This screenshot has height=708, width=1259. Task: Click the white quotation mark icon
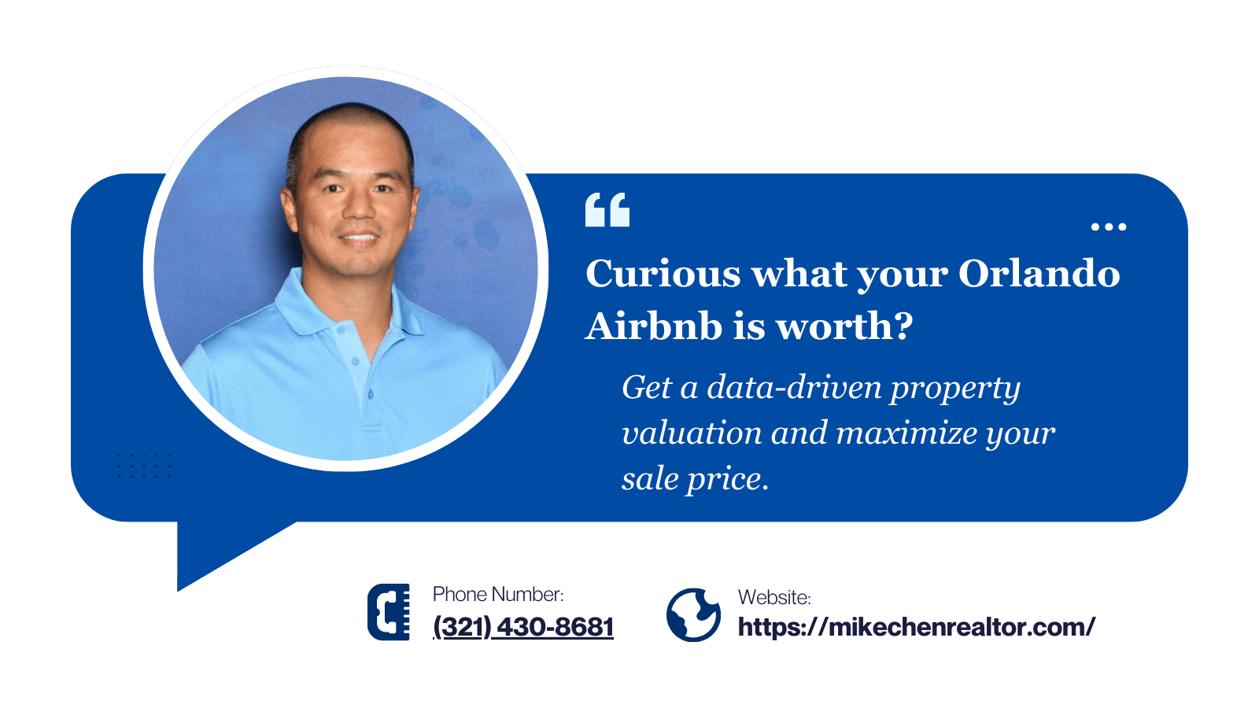tap(607, 210)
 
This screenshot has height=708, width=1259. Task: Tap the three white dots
tap(1109, 227)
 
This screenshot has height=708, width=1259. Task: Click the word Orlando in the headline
tap(1039, 275)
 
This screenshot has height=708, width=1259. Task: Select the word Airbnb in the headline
tap(653, 326)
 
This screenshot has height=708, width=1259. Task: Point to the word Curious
tap(663, 275)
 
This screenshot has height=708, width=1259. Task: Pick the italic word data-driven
tap(794, 387)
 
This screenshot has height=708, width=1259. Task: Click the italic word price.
tap(727, 479)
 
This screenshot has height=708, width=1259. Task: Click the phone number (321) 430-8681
tap(523, 627)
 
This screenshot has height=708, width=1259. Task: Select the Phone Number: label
tap(498, 594)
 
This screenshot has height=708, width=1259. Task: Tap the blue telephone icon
tap(389, 612)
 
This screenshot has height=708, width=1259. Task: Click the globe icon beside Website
tap(693, 614)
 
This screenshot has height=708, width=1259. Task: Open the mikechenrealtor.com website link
tap(916, 627)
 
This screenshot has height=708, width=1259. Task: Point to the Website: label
tap(774, 597)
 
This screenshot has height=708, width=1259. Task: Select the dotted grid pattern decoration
tap(144, 466)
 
